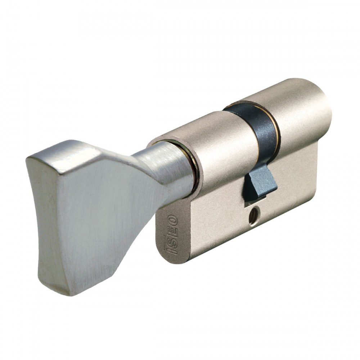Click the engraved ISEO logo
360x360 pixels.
coord(172,234)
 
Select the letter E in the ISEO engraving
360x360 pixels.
coord(172,229)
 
